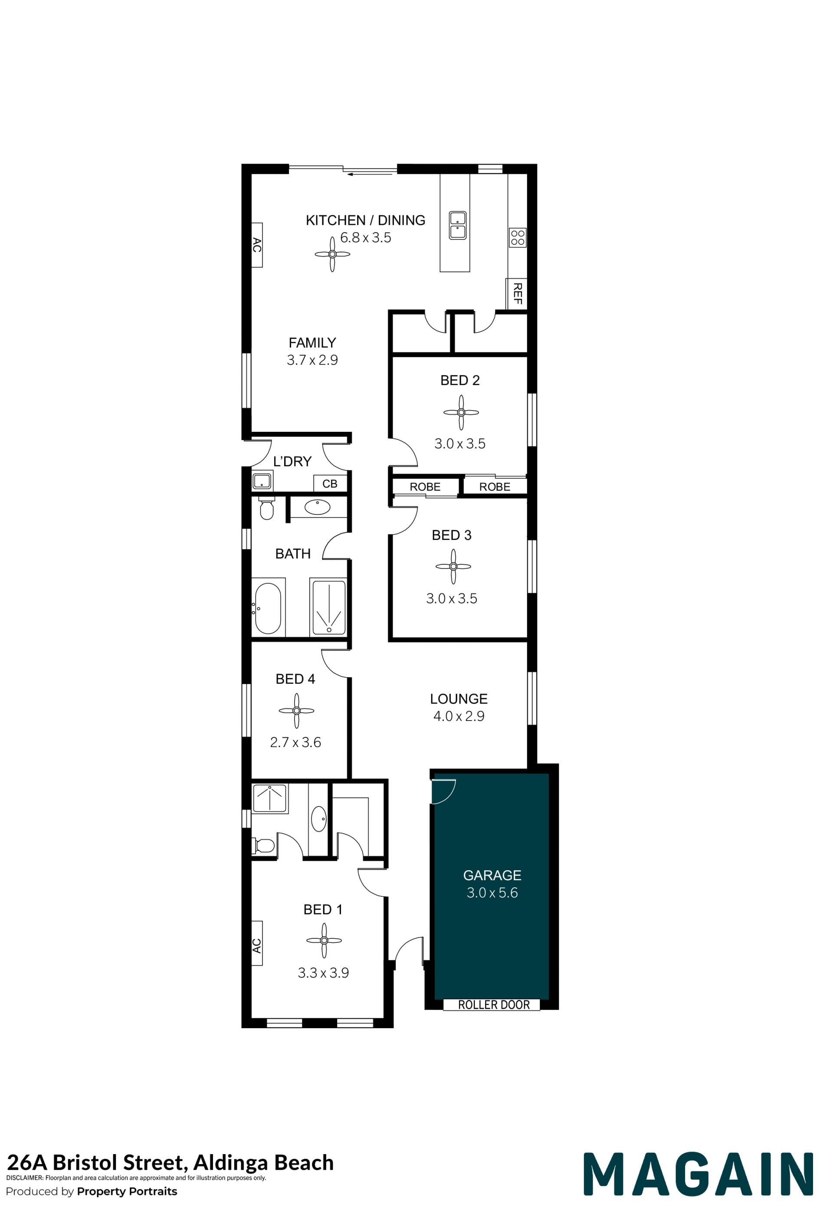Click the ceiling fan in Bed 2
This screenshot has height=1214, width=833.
(x=461, y=412)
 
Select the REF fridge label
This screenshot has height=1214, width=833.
(x=518, y=293)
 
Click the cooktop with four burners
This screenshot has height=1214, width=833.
(x=518, y=238)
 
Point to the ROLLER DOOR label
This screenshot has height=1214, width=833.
(x=494, y=1004)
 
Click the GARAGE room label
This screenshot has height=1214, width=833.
(x=492, y=875)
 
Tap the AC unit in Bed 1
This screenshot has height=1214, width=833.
(x=256, y=943)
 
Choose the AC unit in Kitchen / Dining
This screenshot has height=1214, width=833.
(x=256, y=245)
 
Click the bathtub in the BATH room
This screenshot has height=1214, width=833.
(x=268, y=608)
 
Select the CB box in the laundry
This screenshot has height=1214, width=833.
(x=330, y=483)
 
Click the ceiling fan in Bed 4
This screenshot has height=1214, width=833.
(x=297, y=711)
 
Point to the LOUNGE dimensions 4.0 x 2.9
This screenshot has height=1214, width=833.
(x=459, y=716)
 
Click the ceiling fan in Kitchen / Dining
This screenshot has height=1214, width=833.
(x=332, y=254)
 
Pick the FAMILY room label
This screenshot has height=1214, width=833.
(x=312, y=343)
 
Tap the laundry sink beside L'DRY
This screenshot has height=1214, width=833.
(x=262, y=480)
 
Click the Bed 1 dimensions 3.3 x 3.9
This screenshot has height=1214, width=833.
(x=323, y=973)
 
